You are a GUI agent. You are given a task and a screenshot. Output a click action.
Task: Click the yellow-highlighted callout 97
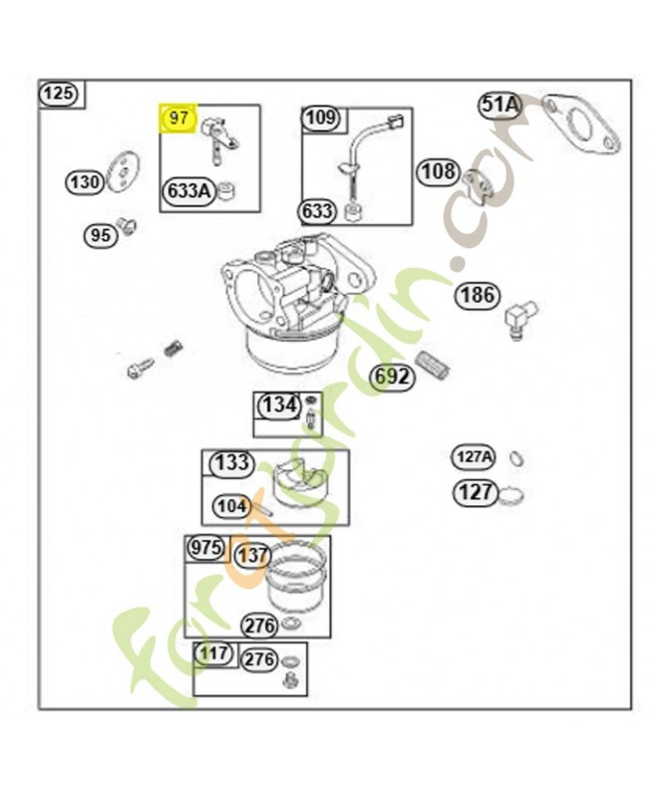178,119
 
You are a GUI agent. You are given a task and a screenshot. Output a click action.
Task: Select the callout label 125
59,94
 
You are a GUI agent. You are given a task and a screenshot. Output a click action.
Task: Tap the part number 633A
188,191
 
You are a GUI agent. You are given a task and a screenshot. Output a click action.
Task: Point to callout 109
321,118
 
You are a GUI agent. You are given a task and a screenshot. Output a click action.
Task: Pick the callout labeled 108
439,171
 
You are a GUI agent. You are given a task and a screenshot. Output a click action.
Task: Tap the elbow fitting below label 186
519,319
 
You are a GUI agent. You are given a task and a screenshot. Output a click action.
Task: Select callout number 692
392,378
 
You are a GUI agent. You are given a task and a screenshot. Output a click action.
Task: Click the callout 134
279,405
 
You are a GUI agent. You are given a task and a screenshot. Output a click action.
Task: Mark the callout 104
232,506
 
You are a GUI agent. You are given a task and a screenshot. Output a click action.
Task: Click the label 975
206,548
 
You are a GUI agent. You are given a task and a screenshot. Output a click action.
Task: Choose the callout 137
252,555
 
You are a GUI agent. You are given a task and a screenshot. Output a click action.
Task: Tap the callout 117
213,654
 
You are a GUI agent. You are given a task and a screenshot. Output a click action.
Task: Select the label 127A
473,457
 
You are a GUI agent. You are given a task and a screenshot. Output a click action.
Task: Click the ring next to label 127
510,495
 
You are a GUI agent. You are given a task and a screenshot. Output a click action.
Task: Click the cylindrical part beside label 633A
227,190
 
